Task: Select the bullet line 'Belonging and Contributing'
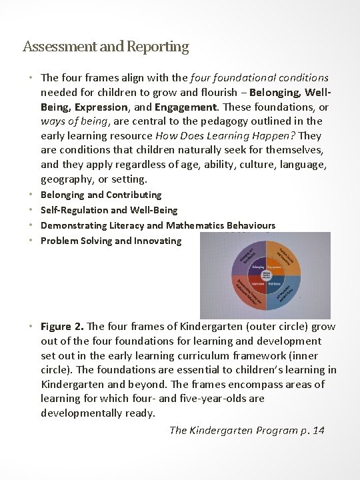pos(101,195)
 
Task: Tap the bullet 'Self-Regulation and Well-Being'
pos(109,210)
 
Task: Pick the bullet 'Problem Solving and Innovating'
pos(111,241)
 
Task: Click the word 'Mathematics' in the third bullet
pos(194,225)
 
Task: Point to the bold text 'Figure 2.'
pos(63,327)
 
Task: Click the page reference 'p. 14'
pos(311,430)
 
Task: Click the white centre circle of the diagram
pos(274,275)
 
